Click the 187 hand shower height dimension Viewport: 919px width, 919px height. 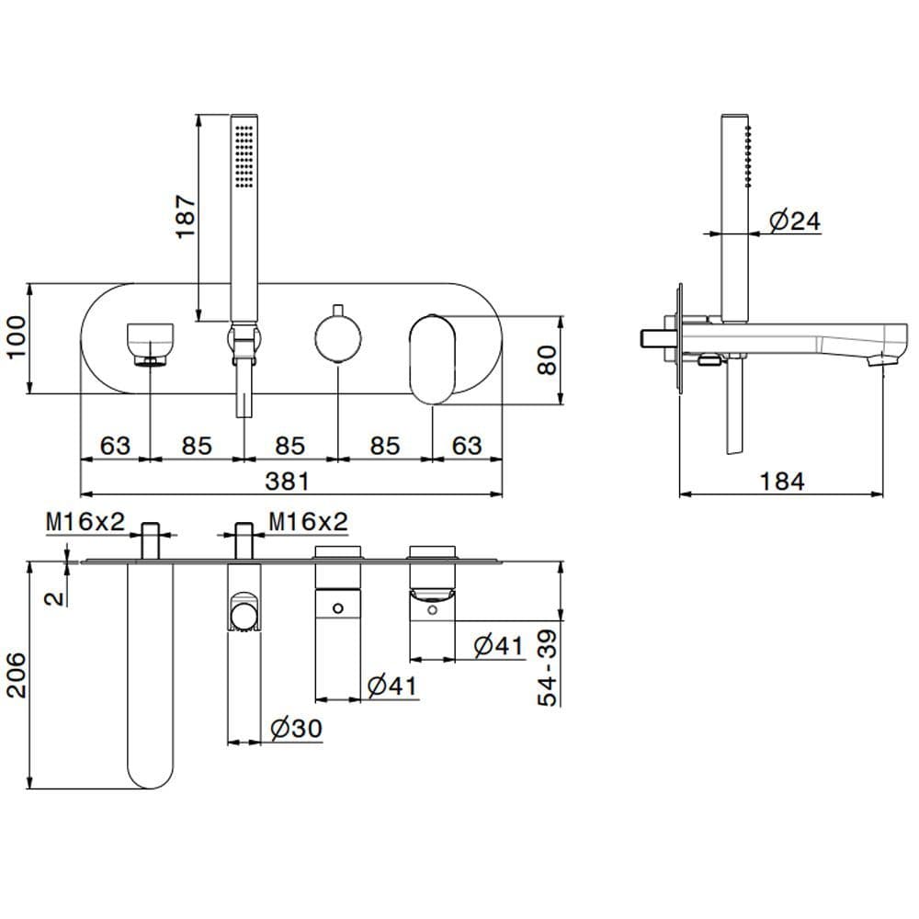click(x=187, y=217)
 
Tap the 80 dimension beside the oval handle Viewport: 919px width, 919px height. click(x=548, y=358)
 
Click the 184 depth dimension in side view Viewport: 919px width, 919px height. click(x=782, y=480)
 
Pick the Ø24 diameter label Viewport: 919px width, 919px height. click(x=794, y=221)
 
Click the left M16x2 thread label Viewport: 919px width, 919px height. click(x=85, y=522)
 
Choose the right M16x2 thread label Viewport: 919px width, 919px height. click(x=309, y=522)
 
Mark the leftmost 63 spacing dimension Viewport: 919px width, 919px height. click(x=115, y=446)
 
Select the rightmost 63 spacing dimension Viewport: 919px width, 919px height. click(x=467, y=446)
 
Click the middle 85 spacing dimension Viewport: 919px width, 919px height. click(x=289, y=446)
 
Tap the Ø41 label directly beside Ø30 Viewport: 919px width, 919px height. click(x=391, y=686)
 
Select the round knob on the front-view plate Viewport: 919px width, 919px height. click(x=336, y=336)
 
